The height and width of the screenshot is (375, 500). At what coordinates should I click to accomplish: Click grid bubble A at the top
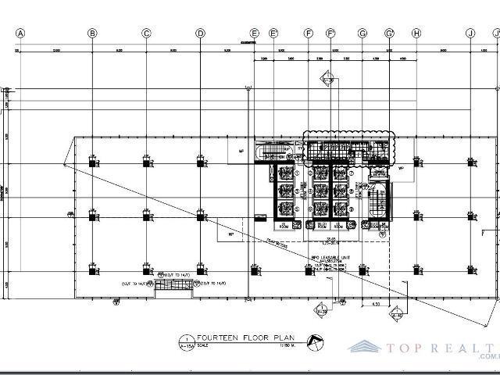coord(21,33)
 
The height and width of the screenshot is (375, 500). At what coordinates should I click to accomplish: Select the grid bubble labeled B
coord(92,33)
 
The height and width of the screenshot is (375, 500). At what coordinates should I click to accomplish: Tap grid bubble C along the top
coord(146,33)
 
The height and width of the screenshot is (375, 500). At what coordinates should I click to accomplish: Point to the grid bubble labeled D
coord(200,33)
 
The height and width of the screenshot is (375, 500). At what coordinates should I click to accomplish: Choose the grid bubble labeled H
coord(416,33)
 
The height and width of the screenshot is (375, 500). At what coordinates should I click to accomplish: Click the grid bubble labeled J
coord(470,33)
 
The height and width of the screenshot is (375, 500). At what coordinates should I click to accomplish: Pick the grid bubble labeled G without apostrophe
coord(362,33)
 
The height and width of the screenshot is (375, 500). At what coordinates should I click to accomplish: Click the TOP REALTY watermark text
coord(445,346)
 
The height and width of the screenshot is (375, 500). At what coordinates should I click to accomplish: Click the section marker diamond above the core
coord(328,79)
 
